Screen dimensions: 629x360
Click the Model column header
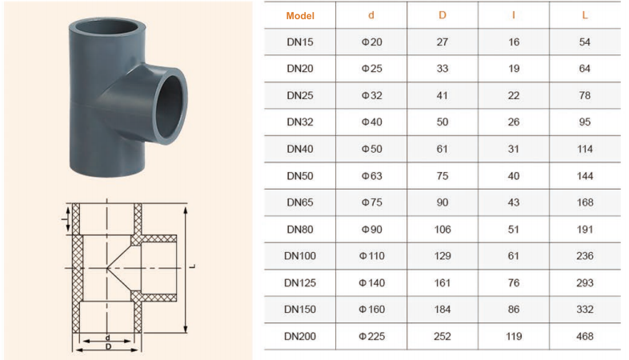(x=300, y=16)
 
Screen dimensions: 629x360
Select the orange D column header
(x=443, y=15)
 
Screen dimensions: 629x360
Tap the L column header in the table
(x=585, y=15)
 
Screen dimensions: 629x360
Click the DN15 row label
(x=300, y=42)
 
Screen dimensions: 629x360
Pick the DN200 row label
(x=300, y=336)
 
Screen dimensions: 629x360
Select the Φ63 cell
(x=371, y=176)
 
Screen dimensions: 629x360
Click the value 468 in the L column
(x=585, y=336)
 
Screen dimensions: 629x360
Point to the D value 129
(x=443, y=256)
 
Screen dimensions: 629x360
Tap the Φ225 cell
(x=371, y=336)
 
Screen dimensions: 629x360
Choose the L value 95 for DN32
(x=585, y=122)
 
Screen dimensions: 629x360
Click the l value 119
(x=514, y=336)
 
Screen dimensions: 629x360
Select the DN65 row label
(x=300, y=202)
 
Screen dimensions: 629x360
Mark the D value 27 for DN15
(x=443, y=42)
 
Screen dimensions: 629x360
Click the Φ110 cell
(x=371, y=256)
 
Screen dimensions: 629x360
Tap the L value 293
(x=585, y=282)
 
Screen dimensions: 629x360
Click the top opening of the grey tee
(x=107, y=27)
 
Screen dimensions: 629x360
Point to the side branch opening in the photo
(x=171, y=106)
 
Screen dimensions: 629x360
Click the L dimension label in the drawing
(x=193, y=266)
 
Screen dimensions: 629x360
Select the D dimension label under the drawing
(x=108, y=346)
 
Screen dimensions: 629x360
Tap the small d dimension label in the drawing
(x=107, y=338)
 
